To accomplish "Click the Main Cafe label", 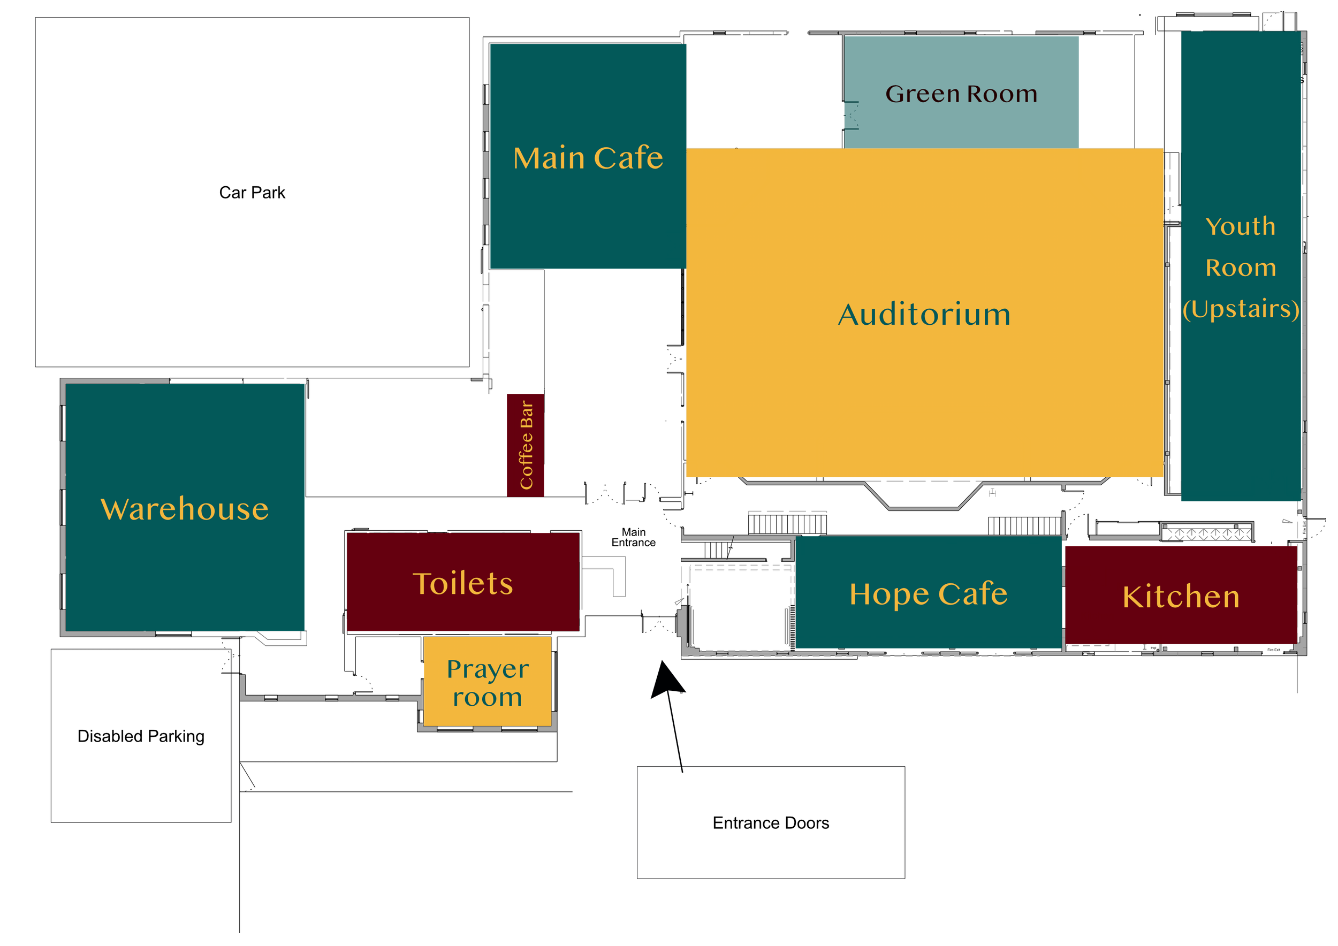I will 588,158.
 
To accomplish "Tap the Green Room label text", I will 961,94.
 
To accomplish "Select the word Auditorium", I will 924,315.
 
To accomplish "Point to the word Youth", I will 1240,226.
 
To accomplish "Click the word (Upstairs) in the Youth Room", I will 1241,309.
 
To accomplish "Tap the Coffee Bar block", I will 526,445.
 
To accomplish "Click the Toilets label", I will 463,584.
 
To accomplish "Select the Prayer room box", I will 487,681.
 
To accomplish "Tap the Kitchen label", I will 1181,597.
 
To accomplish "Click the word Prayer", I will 487,669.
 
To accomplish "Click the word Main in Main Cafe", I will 548,158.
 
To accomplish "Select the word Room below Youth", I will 1241,268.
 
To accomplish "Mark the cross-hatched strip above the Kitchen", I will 1207,533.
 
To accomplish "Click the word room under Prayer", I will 487,697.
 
